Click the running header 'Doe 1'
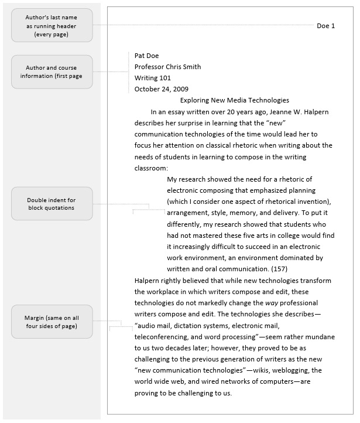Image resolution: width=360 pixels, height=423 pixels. pos(325,26)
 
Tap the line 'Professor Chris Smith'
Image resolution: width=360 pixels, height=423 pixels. pos(167,67)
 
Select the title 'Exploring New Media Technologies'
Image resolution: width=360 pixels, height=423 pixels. pos(234,100)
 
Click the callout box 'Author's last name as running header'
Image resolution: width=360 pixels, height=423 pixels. pos(52,26)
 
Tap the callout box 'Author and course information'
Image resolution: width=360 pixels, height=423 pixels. pos(52,72)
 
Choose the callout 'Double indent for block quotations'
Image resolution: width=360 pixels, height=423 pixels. pos(52,204)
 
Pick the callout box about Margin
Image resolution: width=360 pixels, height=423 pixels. pos(52,322)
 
